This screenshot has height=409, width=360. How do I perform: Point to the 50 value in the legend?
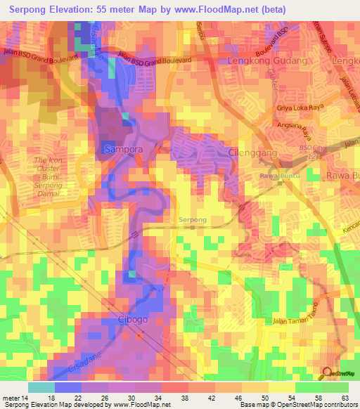pyautogui.click(x=263, y=398)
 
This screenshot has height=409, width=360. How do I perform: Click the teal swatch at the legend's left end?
pyautogui.click(x=41, y=387)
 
